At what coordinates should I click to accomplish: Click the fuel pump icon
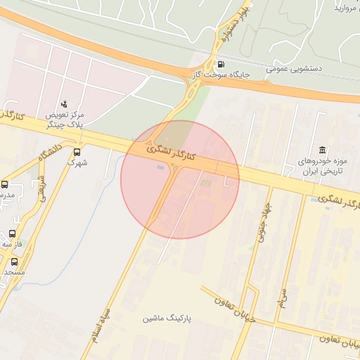point(222,63)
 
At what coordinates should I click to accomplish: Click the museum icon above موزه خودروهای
point(322,150)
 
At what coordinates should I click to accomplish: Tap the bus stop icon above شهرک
point(77,151)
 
